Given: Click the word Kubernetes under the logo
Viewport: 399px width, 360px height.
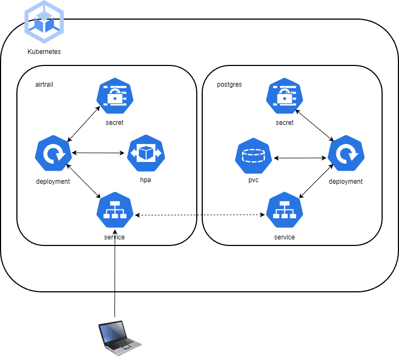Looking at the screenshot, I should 44,52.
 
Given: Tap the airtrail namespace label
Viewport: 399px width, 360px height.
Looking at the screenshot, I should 44,85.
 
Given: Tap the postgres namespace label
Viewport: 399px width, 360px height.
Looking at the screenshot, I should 229,85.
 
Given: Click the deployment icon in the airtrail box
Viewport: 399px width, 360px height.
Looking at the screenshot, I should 52,154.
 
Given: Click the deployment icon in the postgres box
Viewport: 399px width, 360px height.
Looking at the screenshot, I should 346,154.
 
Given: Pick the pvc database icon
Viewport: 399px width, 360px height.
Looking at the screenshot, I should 253,155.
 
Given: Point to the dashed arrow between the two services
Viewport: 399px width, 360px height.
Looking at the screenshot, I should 199,215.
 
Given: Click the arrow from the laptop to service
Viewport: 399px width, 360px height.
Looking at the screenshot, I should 115,273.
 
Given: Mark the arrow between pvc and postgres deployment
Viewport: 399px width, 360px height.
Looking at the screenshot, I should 300,158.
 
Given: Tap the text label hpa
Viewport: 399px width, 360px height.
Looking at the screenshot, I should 146,180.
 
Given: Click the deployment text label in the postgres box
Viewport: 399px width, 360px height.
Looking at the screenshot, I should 346,182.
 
